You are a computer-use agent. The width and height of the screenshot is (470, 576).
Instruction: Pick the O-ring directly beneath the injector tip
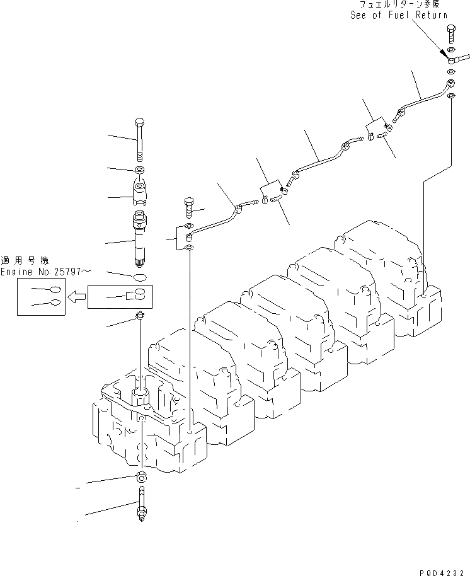(141, 277)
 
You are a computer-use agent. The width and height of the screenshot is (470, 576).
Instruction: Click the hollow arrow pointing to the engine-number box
(77, 296)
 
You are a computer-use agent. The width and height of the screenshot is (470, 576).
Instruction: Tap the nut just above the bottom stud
(140, 477)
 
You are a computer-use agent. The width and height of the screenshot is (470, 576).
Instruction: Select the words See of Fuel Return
(399, 15)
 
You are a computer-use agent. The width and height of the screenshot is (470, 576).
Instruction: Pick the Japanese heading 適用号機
(32, 260)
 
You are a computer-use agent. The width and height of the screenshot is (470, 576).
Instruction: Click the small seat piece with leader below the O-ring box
(140, 316)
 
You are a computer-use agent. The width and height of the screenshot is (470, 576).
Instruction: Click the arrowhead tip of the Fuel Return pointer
(449, 58)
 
